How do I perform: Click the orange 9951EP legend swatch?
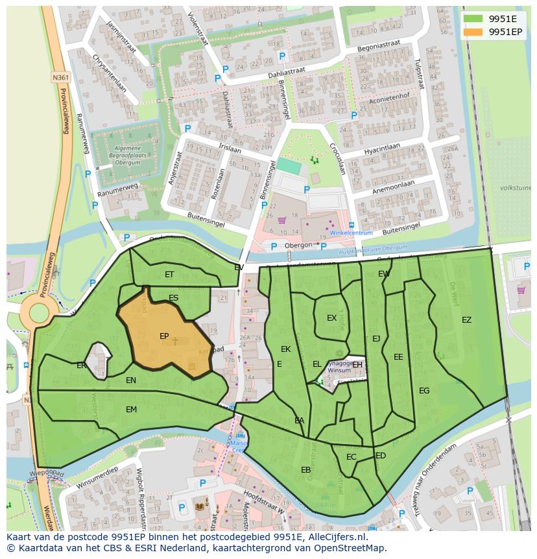pos(473,32)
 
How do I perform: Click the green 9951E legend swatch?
pos(473,18)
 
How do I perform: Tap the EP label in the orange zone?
pos(164,336)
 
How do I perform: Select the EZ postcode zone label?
pos(466,320)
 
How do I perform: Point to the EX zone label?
pos(331,318)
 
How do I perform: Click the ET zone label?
pos(169,275)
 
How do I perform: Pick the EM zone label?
pos(131,410)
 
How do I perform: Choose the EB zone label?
pos(305,470)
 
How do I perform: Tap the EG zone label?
pos(424,391)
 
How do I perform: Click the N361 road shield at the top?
pos(60,77)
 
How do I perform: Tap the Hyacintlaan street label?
pos(382,149)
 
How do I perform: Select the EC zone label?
pos(351,457)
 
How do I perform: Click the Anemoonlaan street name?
pos(394,188)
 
